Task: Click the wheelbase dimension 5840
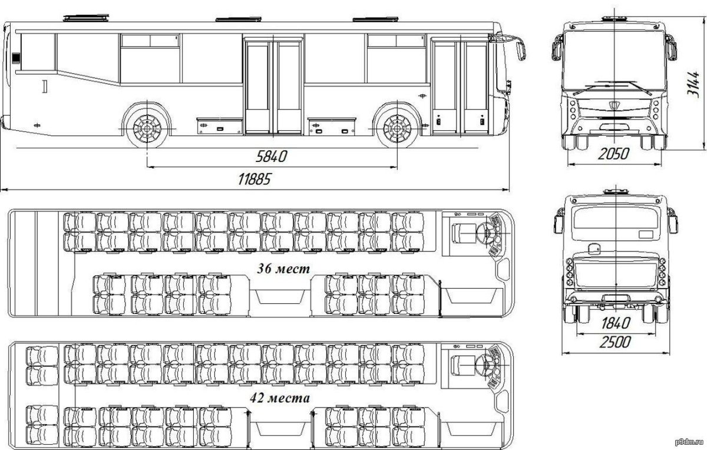(x=271, y=156)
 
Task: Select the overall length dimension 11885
(x=255, y=179)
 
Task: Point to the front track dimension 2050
(x=613, y=154)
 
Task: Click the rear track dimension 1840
(x=616, y=323)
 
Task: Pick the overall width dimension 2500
(x=615, y=342)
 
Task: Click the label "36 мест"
(x=283, y=269)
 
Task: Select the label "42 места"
(x=280, y=398)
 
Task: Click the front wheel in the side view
(x=397, y=128)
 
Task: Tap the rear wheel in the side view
(x=147, y=128)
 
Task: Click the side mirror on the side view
(x=521, y=51)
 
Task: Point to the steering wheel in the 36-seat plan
(x=486, y=233)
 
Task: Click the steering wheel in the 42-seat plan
(x=486, y=365)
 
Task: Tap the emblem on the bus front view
(x=614, y=104)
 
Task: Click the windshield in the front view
(x=614, y=61)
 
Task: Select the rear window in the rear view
(x=616, y=218)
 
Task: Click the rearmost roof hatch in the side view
(x=86, y=18)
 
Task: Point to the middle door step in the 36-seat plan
(x=280, y=297)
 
